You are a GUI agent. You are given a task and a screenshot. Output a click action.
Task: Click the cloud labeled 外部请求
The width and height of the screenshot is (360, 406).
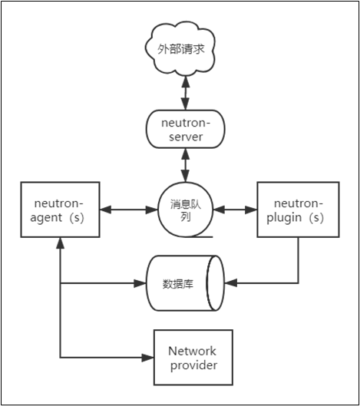(x=180, y=49)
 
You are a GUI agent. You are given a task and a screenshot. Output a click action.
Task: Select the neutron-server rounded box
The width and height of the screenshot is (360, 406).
(x=186, y=129)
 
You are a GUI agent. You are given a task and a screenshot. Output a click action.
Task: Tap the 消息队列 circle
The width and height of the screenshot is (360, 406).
(x=186, y=210)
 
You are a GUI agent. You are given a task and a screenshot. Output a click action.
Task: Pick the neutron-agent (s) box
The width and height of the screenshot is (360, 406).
(x=60, y=210)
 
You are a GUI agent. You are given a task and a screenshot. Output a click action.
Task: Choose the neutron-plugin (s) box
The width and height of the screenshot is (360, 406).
(x=298, y=210)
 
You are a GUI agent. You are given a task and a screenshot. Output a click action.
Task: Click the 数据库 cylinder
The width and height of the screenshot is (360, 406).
(x=186, y=283)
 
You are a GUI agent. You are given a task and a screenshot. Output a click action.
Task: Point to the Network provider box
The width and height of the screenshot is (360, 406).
(x=193, y=358)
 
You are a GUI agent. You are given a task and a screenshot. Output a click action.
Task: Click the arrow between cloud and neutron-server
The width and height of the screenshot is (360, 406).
(x=186, y=93)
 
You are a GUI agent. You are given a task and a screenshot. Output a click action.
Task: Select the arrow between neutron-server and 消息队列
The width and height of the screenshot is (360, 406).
(x=186, y=165)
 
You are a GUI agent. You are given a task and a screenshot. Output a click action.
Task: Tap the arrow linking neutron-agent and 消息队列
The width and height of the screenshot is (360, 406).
(x=129, y=210)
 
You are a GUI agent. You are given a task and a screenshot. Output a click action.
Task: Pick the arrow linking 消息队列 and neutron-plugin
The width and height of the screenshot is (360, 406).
(x=235, y=210)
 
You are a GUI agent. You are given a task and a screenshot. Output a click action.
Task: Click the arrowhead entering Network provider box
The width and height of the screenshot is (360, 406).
(x=148, y=358)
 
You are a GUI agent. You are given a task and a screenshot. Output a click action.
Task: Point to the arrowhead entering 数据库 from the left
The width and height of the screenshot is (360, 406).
(x=140, y=283)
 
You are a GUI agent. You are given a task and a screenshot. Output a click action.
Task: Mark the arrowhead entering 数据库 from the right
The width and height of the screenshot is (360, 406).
(x=231, y=283)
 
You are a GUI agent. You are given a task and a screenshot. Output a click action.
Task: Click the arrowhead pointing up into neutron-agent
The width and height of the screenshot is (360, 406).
(x=60, y=243)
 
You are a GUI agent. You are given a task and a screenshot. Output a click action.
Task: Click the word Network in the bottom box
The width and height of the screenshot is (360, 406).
(x=192, y=351)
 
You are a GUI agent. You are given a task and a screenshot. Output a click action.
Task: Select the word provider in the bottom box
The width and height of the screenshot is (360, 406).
(x=193, y=365)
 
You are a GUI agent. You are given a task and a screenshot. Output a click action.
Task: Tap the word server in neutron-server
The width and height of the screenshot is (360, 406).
(x=186, y=137)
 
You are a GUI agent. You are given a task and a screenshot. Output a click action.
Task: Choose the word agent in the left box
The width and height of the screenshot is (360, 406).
(x=46, y=218)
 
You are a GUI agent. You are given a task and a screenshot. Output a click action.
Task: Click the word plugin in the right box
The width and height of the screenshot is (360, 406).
(x=284, y=218)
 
